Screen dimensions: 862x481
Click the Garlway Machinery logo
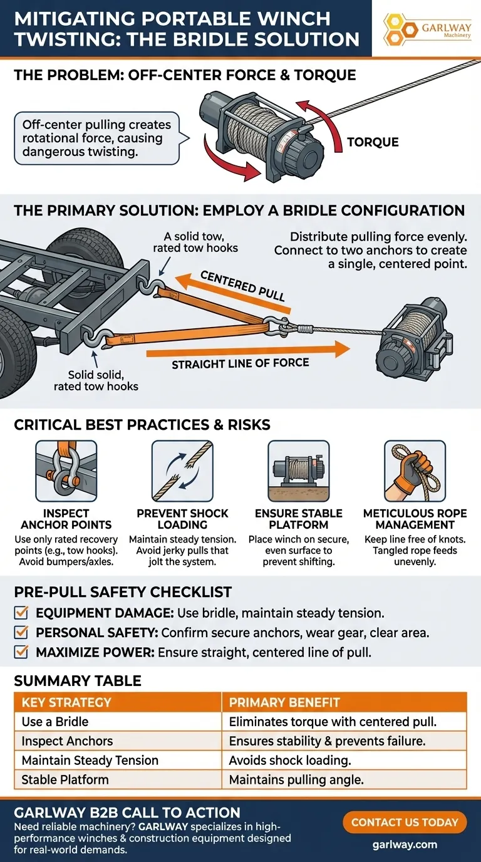[425, 28]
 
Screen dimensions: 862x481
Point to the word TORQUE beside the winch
[372, 142]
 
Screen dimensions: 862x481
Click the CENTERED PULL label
[244, 284]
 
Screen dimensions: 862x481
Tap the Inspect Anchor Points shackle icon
[66, 470]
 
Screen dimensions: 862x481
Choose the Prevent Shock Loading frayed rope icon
[182, 470]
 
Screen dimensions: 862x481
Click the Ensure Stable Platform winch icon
[299, 470]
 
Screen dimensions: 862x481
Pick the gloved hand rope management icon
[415, 470]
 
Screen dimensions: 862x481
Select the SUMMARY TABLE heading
[78, 681]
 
